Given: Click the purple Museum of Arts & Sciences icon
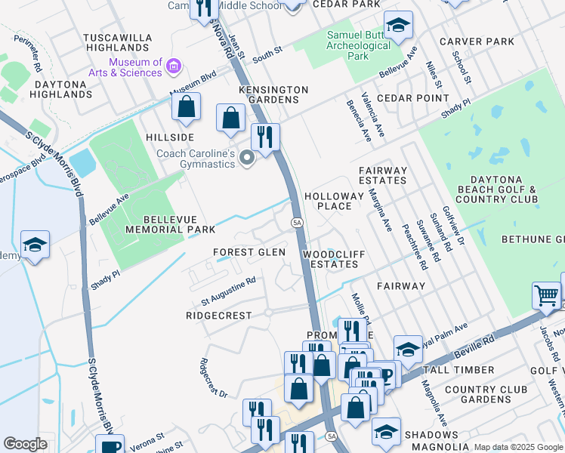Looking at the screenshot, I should coord(174,67).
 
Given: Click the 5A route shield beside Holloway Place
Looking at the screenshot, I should coord(297,221).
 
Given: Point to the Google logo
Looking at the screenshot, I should coord(25,444).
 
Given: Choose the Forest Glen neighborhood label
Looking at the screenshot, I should coord(249,252).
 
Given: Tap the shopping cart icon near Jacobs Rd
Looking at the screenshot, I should coord(546,295).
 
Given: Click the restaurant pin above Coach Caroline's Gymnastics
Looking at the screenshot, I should coord(264,137).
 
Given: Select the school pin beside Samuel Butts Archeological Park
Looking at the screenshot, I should coord(398,26).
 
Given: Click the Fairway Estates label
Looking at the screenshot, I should coord(383,176).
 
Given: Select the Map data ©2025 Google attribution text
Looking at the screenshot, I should coord(518,447).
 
